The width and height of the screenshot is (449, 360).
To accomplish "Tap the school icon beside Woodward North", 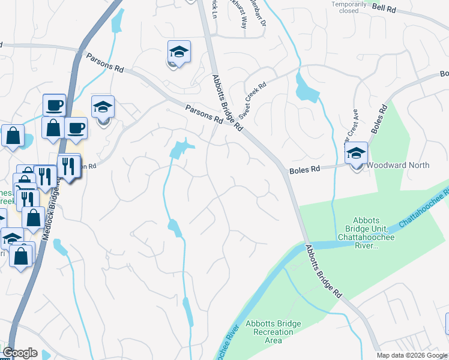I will pyautogui.click(x=357, y=152).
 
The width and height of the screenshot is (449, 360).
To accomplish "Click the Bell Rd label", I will pyautogui.click(x=402, y=8).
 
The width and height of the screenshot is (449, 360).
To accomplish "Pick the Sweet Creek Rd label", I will pyautogui.click(x=251, y=99).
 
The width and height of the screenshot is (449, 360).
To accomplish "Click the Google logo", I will pyautogui.click(x=20, y=353).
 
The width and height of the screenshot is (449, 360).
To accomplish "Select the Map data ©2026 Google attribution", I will pyautogui.click(x=412, y=355).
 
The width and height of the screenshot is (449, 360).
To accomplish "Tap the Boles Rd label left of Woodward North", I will pyautogui.click(x=304, y=170).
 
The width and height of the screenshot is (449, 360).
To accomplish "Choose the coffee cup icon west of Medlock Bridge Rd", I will pyautogui.click(x=54, y=104).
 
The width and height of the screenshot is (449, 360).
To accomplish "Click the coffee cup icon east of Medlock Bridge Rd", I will pyautogui.click(x=76, y=127).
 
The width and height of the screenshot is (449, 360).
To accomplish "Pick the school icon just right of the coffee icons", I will pyautogui.click(x=103, y=107).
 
